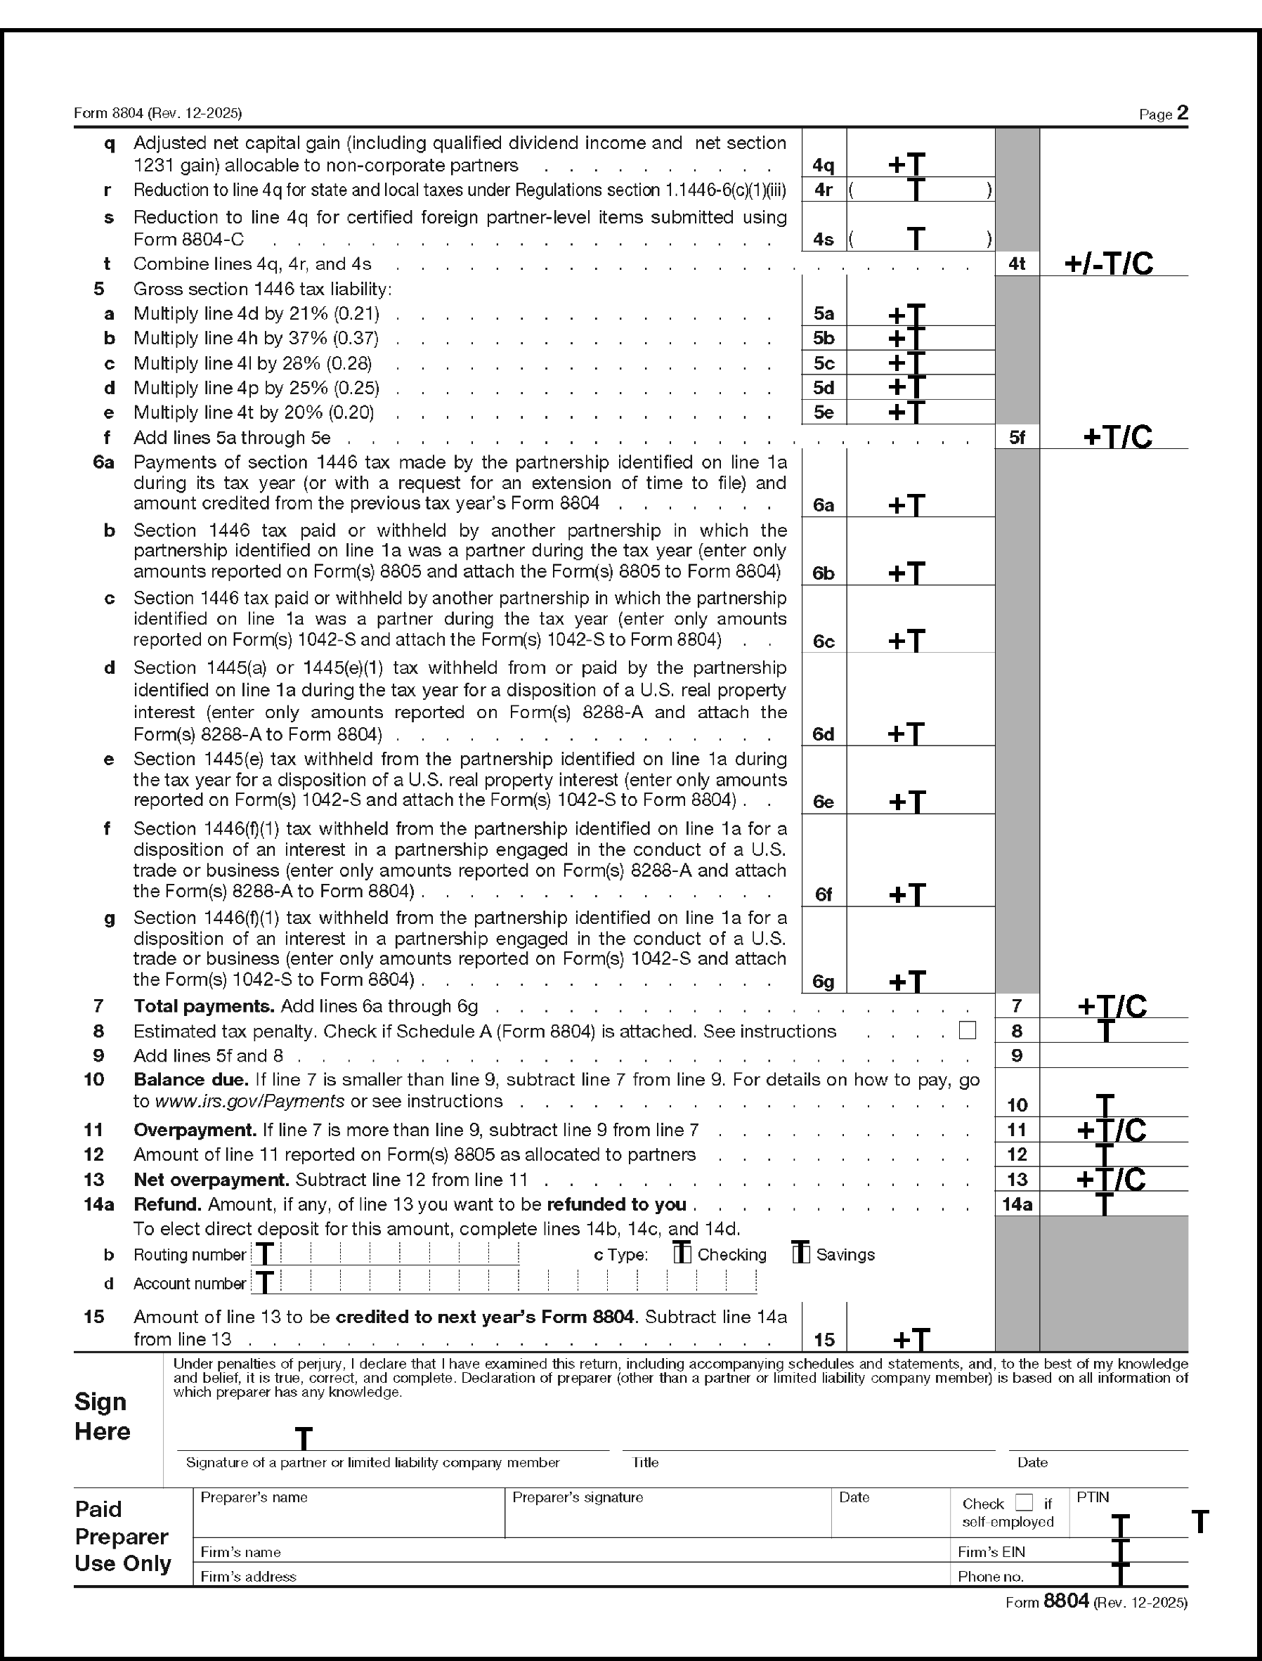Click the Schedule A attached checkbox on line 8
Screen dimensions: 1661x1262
tap(968, 1030)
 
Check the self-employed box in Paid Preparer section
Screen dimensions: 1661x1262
tap(1024, 1502)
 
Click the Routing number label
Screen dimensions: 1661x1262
tap(189, 1255)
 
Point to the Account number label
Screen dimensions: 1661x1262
tap(189, 1283)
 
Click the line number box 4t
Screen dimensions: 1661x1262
tap(1016, 263)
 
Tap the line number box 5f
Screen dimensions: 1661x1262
tap(1016, 437)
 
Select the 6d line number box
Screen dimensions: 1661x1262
tap(824, 734)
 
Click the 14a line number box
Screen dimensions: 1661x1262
tap(1016, 1204)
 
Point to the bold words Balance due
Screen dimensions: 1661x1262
tap(191, 1079)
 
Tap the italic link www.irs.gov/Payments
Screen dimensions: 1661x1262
tap(249, 1101)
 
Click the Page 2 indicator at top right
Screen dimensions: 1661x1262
tap(1164, 113)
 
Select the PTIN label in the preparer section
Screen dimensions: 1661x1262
tap(1092, 1497)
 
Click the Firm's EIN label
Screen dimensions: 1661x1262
tap(991, 1551)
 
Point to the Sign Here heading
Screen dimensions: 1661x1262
tap(102, 1416)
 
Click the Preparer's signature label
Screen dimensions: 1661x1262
tap(577, 1497)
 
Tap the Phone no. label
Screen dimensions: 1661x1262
tap(990, 1576)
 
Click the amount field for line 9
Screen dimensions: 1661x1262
tap(1113, 1055)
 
